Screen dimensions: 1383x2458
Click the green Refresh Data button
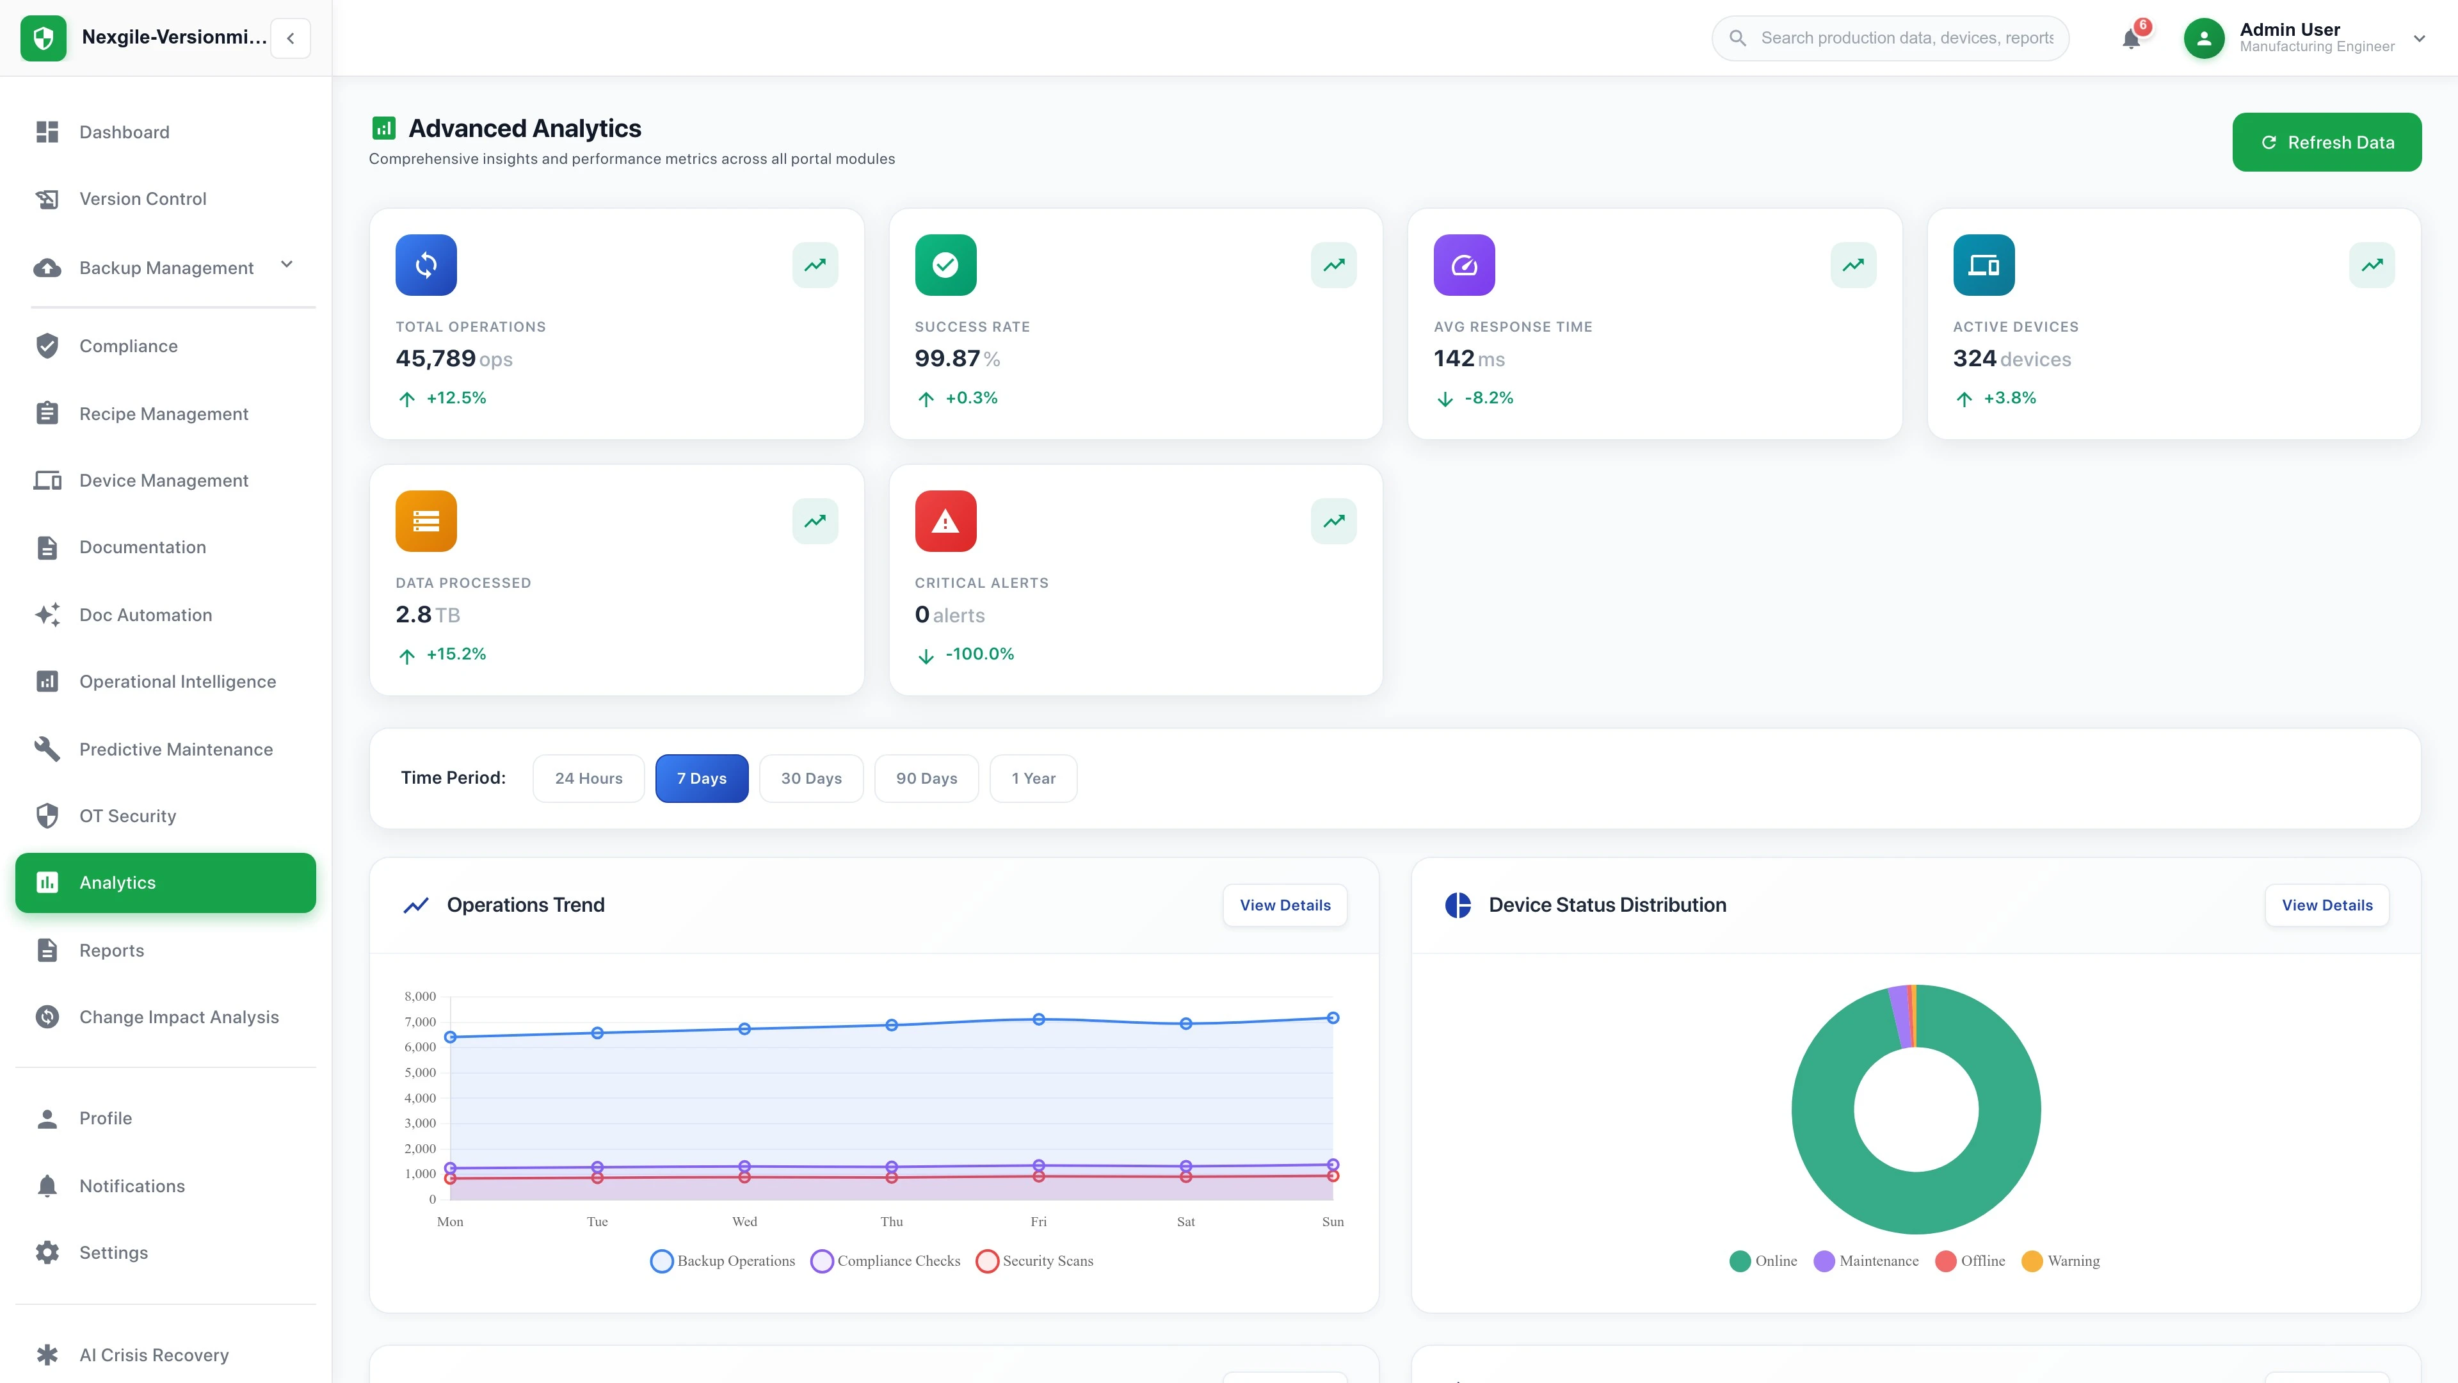pyautogui.click(x=2325, y=142)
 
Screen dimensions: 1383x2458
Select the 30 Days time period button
pyautogui.click(x=811, y=778)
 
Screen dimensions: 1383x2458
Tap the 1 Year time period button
pyautogui.click(x=1032, y=778)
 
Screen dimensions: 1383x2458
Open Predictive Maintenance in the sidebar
pyautogui.click(x=175, y=749)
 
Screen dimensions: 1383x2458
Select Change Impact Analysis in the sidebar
pyautogui.click(x=179, y=1017)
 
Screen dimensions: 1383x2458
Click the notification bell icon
pyautogui.click(x=2131, y=39)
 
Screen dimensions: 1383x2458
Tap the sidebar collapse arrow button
pyautogui.click(x=290, y=38)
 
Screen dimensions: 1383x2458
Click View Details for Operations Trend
pyautogui.click(x=1284, y=905)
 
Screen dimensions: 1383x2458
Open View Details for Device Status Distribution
pyautogui.click(x=2326, y=905)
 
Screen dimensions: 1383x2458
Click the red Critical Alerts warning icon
pyautogui.click(x=945, y=521)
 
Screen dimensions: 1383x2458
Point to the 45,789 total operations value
pyautogui.click(x=435, y=359)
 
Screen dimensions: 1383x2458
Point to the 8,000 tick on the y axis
pyautogui.click(x=420, y=996)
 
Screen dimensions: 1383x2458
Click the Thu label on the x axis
pyautogui.click(x=891, y=1222)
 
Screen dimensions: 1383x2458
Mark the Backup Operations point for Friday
pyautogui.click(x=1038, y=1019)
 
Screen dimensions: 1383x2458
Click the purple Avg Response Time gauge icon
pyautogui.click(x=1464, y=265)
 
